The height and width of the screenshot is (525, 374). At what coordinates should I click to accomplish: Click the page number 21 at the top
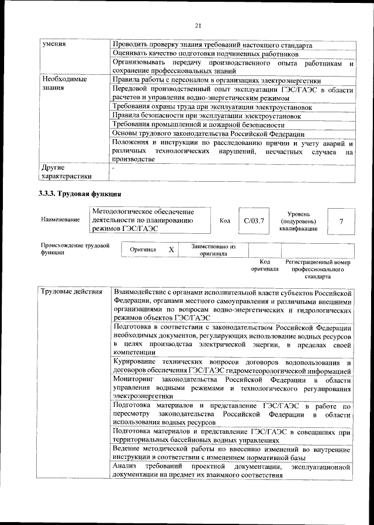click(198, 25)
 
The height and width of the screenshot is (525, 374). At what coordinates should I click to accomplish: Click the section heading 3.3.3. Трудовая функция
click(80, 194)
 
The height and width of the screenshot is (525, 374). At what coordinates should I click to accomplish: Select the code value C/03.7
click(254, 220)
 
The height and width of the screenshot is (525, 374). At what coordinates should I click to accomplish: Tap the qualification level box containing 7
click(341, 220)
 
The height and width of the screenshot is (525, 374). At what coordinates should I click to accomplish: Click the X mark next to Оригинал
click(171, 250)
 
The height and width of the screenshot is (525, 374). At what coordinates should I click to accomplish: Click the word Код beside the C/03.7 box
click(225, 220)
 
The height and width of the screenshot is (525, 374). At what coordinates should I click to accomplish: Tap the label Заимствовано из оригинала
click(213, 250)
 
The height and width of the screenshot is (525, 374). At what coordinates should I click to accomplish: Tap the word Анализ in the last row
click(124, 467)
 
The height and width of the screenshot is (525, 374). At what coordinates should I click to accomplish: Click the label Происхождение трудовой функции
click(75, 250)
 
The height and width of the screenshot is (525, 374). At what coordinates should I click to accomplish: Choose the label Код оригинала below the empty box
click(265, 265)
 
